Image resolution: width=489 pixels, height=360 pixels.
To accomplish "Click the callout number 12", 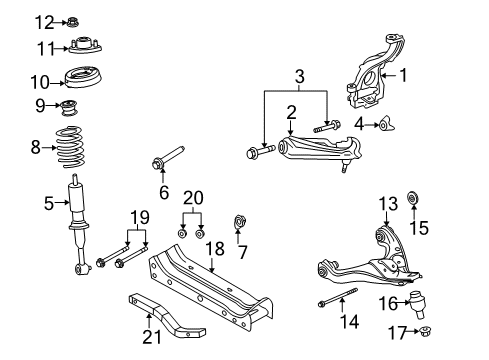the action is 45,23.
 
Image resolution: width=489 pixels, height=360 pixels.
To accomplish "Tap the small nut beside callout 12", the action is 73,22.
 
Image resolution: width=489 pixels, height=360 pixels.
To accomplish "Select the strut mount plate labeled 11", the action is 85,45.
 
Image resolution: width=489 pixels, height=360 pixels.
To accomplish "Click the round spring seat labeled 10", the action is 84,78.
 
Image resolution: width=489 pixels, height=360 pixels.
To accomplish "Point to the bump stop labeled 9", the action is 70,107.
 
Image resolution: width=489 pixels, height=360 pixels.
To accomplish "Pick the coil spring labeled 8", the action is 70,147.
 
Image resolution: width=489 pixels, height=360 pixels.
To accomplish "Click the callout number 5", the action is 49,203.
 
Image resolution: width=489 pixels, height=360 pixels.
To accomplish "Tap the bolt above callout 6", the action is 168,157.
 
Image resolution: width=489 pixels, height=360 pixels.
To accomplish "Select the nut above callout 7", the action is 240,222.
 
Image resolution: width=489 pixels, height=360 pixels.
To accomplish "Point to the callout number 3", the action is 300,76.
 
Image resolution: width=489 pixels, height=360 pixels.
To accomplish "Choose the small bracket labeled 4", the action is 387,124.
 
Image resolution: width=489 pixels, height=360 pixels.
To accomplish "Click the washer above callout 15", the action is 413,198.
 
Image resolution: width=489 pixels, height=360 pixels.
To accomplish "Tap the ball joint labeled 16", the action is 418,304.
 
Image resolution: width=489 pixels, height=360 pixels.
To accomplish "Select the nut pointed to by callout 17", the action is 425,331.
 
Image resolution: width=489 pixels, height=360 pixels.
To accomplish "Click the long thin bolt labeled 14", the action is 337,297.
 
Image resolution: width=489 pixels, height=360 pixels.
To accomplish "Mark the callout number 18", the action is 214,249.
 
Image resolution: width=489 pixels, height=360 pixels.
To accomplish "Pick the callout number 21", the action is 152,337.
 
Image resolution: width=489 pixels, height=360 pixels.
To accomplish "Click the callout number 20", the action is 193,198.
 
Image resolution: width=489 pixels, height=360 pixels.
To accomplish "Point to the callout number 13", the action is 388,204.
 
